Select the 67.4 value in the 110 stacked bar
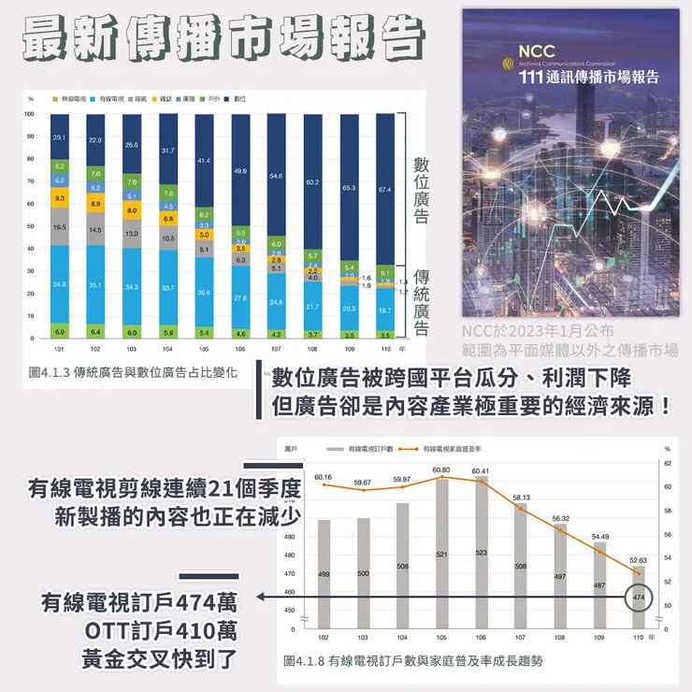click(x=384, y=190)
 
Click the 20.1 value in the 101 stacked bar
click(x=59, y=137)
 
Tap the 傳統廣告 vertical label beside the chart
click(x=422, y=302)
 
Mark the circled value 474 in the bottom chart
click(x=639, y=597)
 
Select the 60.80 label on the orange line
click(x=442, y=469)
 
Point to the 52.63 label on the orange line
click(x=639, y=560)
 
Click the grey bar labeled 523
click(x=481, y=551)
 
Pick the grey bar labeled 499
click(x=324, y=572)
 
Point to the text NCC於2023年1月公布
click(x=537, y=330)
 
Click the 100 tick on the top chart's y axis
click(x=30, y=114)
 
